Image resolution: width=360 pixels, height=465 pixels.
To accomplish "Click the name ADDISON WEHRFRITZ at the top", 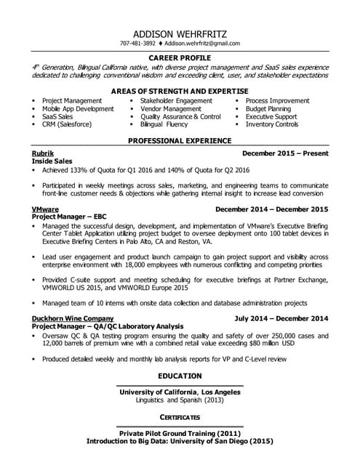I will [x=180, y=34].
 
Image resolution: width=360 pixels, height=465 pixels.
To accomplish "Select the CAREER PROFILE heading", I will [x=180, y=57].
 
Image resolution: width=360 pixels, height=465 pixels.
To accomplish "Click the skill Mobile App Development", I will [x=78, y=108].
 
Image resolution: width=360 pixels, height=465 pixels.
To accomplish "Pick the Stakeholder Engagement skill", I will [x=176, y=100].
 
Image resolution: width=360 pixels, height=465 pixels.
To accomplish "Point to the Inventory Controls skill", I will [x=272, y=124].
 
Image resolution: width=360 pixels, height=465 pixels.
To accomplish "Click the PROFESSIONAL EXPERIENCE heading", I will [x=180, y=140].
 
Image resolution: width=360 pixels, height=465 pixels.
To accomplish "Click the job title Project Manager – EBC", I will [x=72, y=217].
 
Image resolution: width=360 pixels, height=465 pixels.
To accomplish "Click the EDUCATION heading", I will [x=180, y=376].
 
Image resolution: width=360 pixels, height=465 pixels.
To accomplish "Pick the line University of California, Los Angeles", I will [x=180, y=392].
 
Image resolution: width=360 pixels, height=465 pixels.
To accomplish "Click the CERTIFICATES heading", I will [x=180, y=417].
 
